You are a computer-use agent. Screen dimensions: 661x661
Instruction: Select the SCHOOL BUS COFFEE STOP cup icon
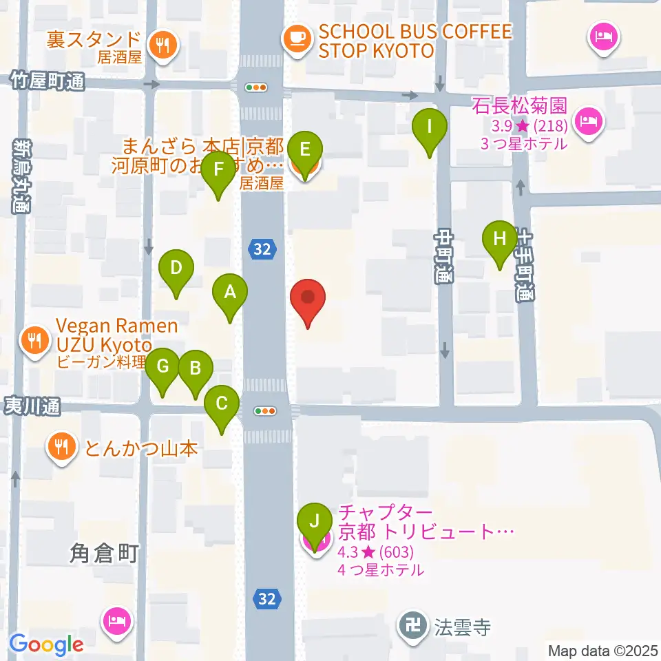pos(297,38)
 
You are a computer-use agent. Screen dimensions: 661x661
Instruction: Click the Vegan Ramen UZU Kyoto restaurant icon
pos(34,339)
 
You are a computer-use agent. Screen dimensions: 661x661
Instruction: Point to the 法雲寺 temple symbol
pos(415,627)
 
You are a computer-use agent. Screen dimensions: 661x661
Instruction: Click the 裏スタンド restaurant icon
pos(164,45)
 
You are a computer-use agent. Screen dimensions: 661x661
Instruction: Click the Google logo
pos(47,644)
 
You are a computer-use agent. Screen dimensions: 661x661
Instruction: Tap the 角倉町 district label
pos(105,552)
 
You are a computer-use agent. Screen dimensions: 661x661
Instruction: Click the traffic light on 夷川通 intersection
pos(265,411)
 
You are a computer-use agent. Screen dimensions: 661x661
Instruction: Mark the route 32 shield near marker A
pos(262,249)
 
